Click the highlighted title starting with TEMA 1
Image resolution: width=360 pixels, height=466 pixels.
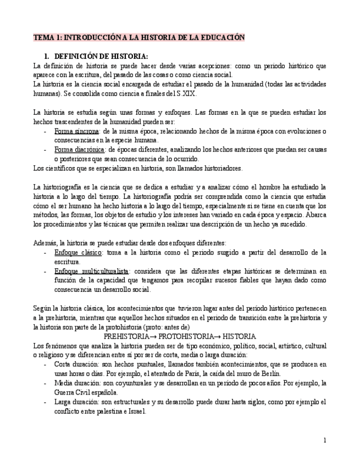coord(139,37)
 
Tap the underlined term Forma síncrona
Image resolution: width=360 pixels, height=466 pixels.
coord(76,131)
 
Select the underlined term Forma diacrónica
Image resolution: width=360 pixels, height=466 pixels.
coord(79,150)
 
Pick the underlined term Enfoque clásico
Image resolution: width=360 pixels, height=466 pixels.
coord(78,252)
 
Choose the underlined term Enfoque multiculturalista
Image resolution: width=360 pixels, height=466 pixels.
coord(91,271)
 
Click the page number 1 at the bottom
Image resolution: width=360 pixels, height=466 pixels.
coord(325,440)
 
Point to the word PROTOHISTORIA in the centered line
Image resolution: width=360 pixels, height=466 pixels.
coord(186,336)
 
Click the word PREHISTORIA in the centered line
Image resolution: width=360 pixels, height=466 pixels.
coord(126,336)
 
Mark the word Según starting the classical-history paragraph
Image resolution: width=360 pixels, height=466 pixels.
coord(42,308)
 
